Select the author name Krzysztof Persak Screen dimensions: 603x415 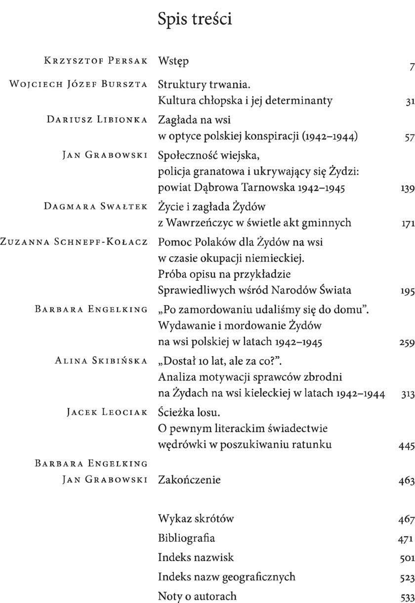[x=96, y=61]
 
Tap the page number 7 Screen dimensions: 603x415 [x=411, y=67]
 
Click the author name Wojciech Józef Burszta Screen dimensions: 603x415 [x=79, y=84]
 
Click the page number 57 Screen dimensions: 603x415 [x=409, y=137]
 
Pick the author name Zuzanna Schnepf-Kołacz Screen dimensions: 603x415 [x=75, y=242]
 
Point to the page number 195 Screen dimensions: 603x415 [x=407, y=292]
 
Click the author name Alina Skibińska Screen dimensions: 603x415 [x=102, y=361]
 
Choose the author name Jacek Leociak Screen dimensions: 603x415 [x=107, y=412]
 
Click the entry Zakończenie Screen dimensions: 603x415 [x=189, y=480]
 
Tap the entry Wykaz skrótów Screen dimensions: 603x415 [x=196, y=519]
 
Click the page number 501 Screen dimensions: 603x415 [x=407, y=558]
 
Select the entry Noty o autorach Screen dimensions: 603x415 [x=197, y=596]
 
